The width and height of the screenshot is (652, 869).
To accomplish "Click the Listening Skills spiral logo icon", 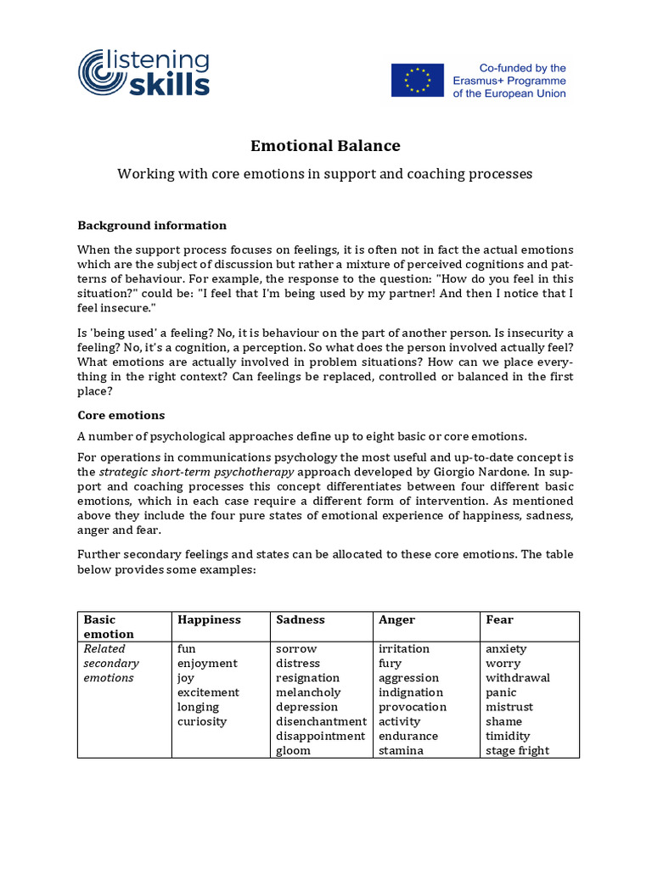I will coord(103,72).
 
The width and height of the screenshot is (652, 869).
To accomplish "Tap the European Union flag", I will coord(417,80).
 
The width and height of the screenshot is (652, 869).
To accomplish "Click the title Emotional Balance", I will coord(325,145).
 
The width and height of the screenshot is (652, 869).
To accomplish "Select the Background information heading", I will coord(152,225).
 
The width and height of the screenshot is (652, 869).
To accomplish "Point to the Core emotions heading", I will coord(121,415).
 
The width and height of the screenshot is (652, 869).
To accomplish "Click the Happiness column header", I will coord(209,620).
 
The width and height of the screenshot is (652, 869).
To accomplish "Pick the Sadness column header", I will coord(300,620).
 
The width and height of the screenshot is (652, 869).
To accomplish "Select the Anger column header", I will coord(396,620).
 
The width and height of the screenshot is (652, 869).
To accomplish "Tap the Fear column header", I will coord(499,620).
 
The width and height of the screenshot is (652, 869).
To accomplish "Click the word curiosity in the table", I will coord(202,721).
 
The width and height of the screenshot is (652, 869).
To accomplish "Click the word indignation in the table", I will coord(411,692).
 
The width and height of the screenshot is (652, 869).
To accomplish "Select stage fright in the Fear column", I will coord(517,750).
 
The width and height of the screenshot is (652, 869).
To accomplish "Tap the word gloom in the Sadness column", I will coord(293,750).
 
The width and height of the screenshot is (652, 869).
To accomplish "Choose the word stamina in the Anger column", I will coord(401,750).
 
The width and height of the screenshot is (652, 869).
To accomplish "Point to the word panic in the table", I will coord(502,692).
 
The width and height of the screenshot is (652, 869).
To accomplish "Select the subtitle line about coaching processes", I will coord(325,174).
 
